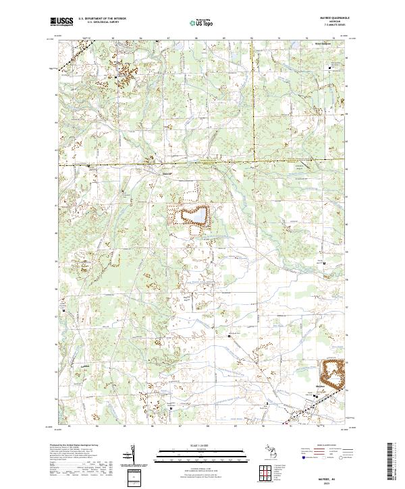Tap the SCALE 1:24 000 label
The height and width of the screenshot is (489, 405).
[202, 446]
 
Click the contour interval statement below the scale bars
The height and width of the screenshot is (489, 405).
[202, 466]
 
